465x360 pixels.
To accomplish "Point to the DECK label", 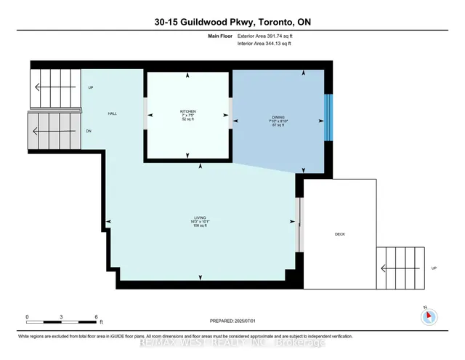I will [339, 234].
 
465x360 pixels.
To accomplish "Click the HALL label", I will [113, 113].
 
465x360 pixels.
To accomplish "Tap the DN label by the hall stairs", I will [89, 132].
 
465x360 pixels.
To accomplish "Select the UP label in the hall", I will [91, 88].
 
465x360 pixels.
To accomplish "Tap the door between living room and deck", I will [299, 223].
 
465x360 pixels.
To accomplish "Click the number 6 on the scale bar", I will [97, 317].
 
